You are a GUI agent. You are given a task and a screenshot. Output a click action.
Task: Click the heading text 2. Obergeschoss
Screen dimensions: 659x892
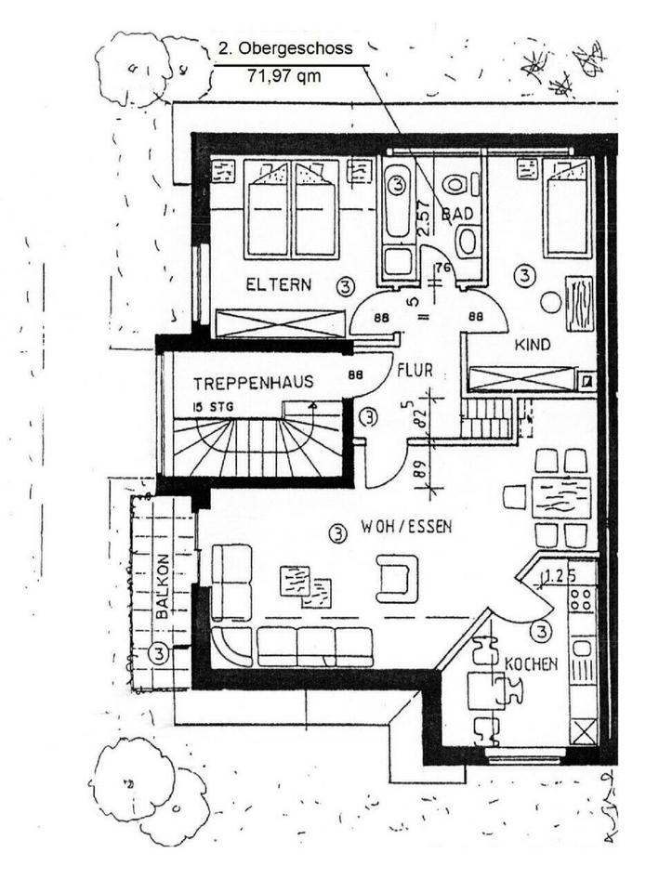(x=285, y=50)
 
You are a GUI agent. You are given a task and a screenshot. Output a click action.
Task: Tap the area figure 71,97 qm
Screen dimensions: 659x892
(x=283, y=76)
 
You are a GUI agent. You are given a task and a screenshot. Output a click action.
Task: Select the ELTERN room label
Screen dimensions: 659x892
(x=279, y=284)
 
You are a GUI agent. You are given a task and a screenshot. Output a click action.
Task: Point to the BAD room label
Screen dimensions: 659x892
(x=457, y=215)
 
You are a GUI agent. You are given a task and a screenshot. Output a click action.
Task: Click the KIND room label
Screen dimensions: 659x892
(x=533, y=345)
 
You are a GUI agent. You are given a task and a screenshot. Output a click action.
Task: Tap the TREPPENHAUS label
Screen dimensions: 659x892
(x=253, y=383)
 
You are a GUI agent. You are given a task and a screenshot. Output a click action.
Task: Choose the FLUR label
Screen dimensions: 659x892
(x=415, y=370)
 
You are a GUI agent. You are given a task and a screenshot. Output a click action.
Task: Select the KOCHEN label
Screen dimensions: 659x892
(x=531, y=663)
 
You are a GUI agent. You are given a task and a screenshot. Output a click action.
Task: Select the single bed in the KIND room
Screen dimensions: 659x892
(x=567, y=208)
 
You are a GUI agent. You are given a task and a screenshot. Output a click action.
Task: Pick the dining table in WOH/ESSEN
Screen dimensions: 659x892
(x=561, y=498)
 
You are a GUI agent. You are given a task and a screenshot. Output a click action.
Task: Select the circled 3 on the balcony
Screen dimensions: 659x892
(x=159, y=654)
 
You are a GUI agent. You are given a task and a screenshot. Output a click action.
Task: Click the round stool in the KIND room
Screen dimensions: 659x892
(x=550, y=302)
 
